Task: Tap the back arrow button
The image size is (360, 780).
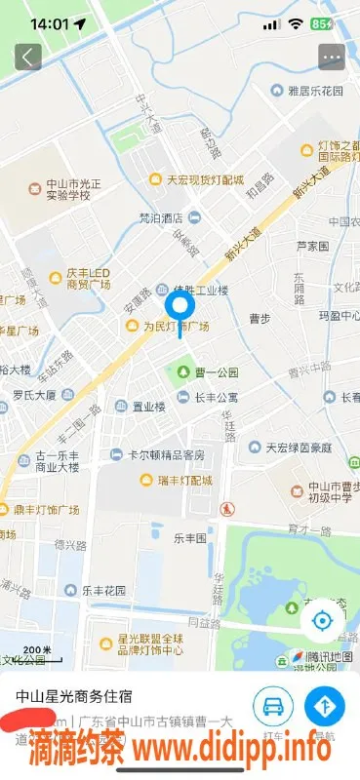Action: [x=27, y=57]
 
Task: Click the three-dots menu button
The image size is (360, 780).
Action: [x=332, y=57]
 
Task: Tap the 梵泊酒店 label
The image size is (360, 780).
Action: [x=163, y=216]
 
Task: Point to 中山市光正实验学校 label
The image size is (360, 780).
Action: [x=64, y=189]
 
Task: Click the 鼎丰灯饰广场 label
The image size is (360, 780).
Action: [x=40, y=509]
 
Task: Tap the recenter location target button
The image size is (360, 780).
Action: [x=322, y=621]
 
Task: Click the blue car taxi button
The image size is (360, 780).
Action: [x=273, y=705]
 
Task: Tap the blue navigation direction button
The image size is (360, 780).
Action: [x=325, y=705]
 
